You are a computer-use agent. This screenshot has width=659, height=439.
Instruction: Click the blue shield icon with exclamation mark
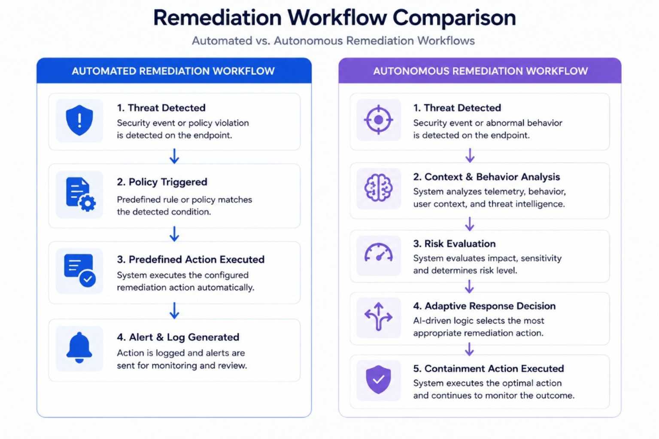click(x=79, y=120)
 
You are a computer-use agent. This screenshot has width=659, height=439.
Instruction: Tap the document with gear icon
click(x=81, y=194)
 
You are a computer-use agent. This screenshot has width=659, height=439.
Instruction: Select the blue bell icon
click(x=79, y=348)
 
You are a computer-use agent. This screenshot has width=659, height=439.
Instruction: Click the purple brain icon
click(x=378, y=188)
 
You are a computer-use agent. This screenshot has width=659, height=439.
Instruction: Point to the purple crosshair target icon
click(x=379, y=120)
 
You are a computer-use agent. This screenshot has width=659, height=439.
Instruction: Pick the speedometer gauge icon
click(x=379, y=253)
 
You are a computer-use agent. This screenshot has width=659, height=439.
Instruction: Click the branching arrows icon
click(x=378, y=317)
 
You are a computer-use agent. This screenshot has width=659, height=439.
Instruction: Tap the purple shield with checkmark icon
click(x=378, y=379)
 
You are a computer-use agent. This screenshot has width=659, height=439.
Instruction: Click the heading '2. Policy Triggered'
click(x=162, y=182)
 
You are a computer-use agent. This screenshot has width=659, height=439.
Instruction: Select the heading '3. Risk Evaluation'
click(x=454, y=243)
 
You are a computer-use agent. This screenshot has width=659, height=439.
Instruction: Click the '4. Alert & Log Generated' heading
click(x=178, y=337)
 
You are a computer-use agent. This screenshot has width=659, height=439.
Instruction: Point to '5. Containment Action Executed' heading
click(x=489, y=369)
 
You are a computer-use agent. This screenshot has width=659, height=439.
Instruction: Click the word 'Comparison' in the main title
click(x=454, y=18)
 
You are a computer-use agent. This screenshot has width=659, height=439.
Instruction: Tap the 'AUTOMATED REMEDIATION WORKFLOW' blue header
click(x=174, y=71)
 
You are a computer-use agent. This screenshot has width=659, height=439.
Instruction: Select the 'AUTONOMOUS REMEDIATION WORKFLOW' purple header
click(x=480, y=71)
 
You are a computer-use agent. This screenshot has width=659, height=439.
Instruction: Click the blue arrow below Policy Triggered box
click(x=174, y=234)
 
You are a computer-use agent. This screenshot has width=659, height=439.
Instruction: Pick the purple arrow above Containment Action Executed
click(x=469, y=349)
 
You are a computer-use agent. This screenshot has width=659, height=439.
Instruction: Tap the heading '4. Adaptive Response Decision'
click(x=484, y=306)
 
